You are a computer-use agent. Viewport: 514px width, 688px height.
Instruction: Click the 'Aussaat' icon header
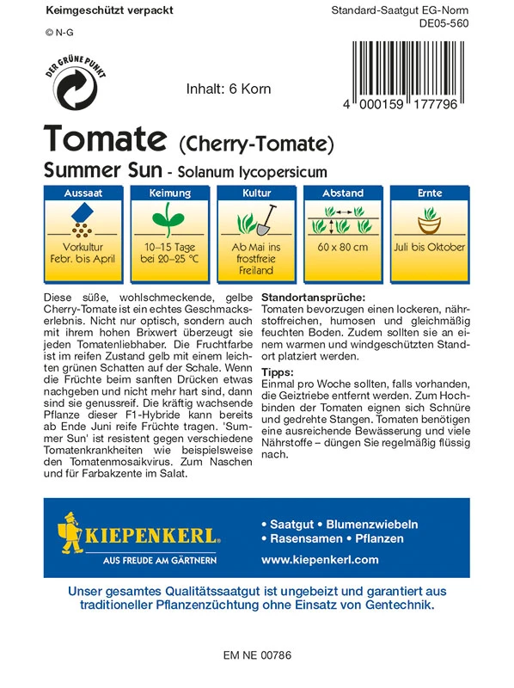pyautogui.click(x=83, y=193)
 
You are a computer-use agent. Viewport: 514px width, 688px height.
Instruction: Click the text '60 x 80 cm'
pyautogui.click(x=343, y=248)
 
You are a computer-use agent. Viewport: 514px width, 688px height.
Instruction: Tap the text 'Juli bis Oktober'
pyautogui.click(x=430, y=248)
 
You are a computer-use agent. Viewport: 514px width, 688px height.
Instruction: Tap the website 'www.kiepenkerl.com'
pyautogui.click(x=319, y=559)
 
